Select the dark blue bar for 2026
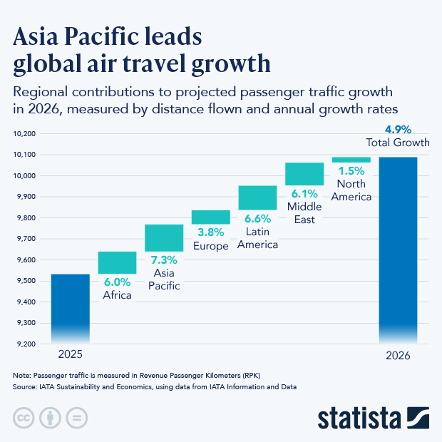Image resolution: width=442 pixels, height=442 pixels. (x=398, y=250)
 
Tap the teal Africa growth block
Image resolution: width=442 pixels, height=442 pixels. (x=117, y=262)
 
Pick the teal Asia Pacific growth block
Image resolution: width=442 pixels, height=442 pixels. (x=164, y=237)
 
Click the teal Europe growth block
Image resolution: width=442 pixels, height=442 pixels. (x=210, y=217)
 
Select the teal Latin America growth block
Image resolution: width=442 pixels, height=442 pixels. (x=257, y=197)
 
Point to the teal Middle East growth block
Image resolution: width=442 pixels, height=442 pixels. (x=304, y=174)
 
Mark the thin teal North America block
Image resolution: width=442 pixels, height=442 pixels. (x=351, y=160)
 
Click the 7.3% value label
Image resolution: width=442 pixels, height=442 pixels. (x=164, y=259)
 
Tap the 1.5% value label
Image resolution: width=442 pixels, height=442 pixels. (x=351, y=171)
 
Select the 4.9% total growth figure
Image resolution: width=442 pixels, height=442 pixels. (x=398, y=130)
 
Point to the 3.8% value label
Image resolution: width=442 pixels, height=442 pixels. (x=210, y=232)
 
